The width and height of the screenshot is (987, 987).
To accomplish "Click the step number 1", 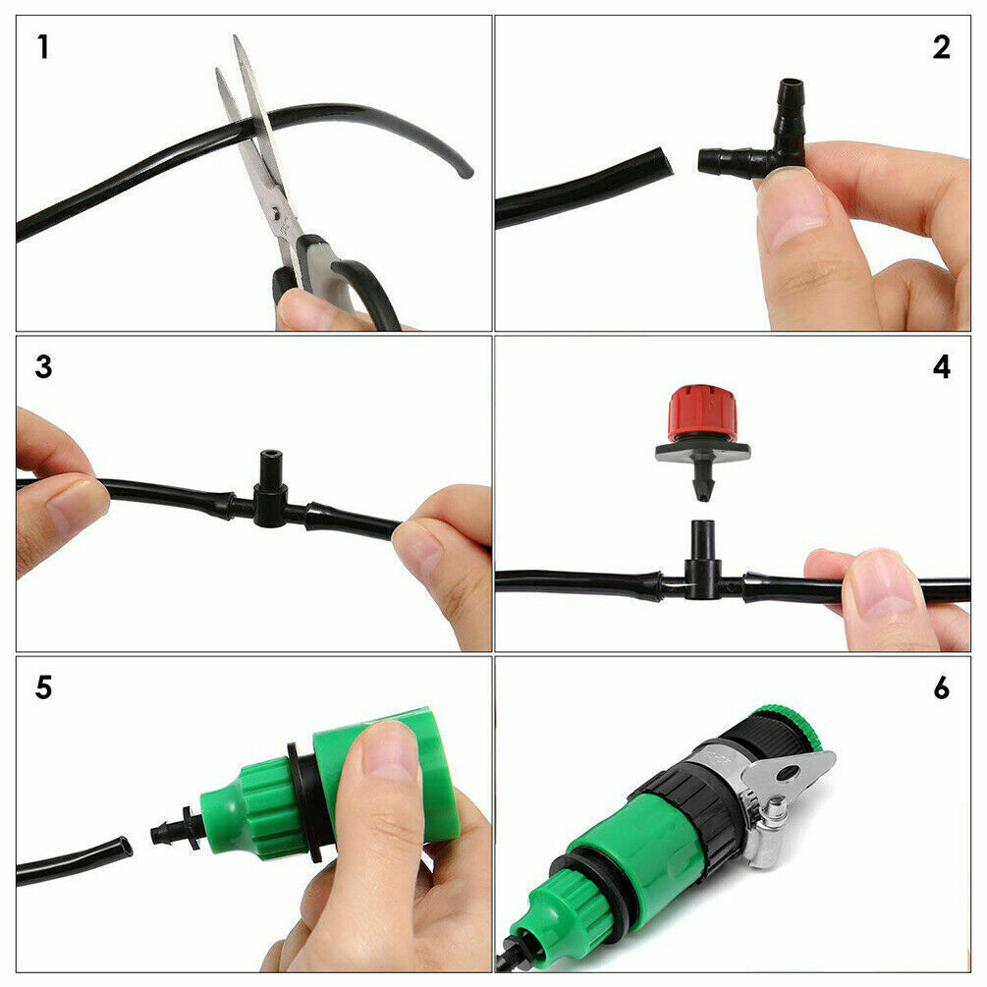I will pyautogui.click(x=42, y=46).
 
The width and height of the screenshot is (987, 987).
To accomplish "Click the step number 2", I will pyautogui.click(x=941, y=46).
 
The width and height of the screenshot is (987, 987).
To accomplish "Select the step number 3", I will pyautogui.click(x=43, y=366).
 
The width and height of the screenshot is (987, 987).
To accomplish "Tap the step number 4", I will pyautogui.click(x=941, y=366).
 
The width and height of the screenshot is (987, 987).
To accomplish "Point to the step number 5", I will pyautogui.click(x=43, y=686).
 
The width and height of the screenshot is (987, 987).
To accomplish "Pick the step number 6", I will pyautogui.click(x=941, y=686).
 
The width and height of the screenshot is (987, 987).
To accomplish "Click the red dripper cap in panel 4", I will pyautogui.click(x=702, y=412).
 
